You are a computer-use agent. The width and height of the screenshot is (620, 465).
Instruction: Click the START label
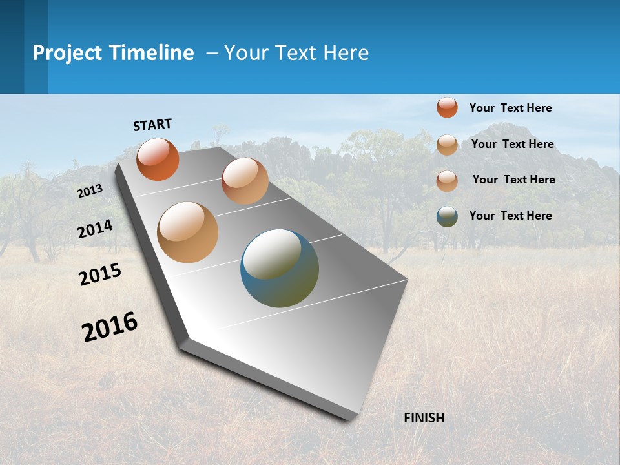tap(152, 124)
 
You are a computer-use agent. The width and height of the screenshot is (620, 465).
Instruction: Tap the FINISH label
tap(424, 418)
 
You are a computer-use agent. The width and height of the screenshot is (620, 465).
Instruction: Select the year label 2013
tap(90, 191)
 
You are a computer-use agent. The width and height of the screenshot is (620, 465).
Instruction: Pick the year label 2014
tap(95, 229)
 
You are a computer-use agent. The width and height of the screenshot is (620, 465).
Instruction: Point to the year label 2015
tap(99, 274)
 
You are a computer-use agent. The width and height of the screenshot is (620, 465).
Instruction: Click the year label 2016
tap(110, 326)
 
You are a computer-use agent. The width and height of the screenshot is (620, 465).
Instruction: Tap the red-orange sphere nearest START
tap(158, 159)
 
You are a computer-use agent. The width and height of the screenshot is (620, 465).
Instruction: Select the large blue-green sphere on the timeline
tap(279, 268)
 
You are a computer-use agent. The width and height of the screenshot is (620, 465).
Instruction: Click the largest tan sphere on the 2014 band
tap(187, 232)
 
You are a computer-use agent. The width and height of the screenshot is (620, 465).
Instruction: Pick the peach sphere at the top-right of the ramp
tap(244, 181)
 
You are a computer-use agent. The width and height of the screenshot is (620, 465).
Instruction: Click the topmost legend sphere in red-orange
tap(447, 107)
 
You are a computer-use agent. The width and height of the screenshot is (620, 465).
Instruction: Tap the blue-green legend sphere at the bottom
tap(447, 216)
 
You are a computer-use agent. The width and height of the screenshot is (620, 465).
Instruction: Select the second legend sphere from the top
tap(447, 145)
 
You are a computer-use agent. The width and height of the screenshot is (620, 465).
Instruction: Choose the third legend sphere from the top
tap(447, 181)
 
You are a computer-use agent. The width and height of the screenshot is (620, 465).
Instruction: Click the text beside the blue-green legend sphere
tap(510, 216)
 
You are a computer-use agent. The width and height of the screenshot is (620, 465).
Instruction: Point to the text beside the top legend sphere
tap(510, 108)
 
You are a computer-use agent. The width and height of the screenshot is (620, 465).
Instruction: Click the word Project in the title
tap(68, 53)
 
